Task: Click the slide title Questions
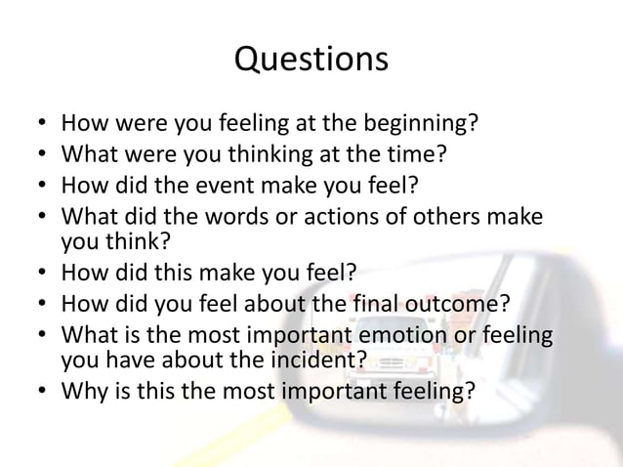[x=311, y=61]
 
